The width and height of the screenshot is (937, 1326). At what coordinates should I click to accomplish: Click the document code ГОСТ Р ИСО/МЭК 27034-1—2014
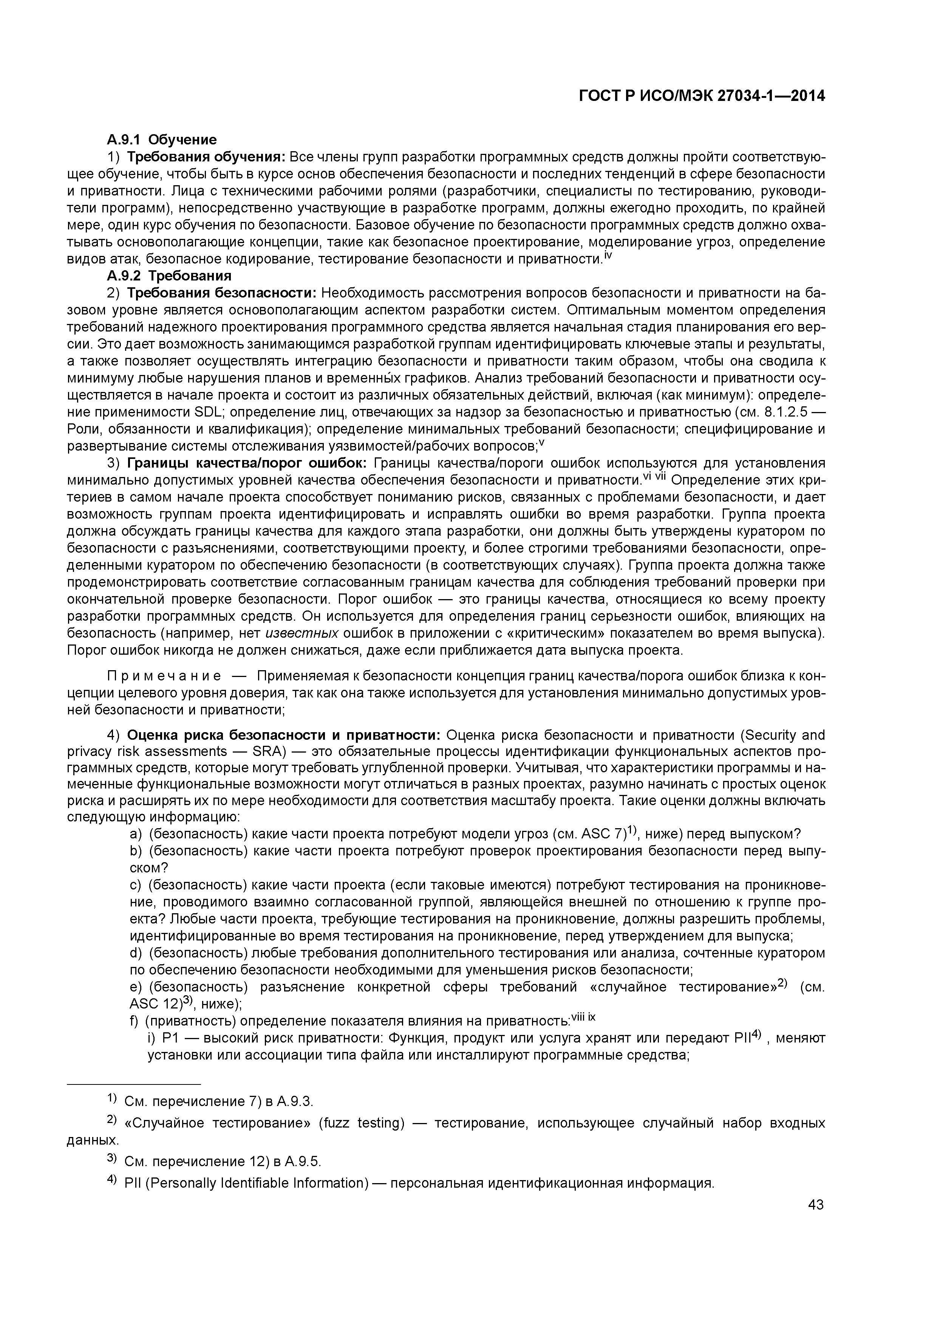[x=702, y=96]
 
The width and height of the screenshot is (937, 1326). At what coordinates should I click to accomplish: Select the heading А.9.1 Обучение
[x=162, y=140]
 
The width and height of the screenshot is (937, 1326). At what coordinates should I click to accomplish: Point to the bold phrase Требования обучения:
[x=206, y=157]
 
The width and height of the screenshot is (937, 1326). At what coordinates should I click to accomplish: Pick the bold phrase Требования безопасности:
[x=222, y=293]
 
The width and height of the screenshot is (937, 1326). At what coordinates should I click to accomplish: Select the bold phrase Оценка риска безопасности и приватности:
[x=283, y=734]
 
